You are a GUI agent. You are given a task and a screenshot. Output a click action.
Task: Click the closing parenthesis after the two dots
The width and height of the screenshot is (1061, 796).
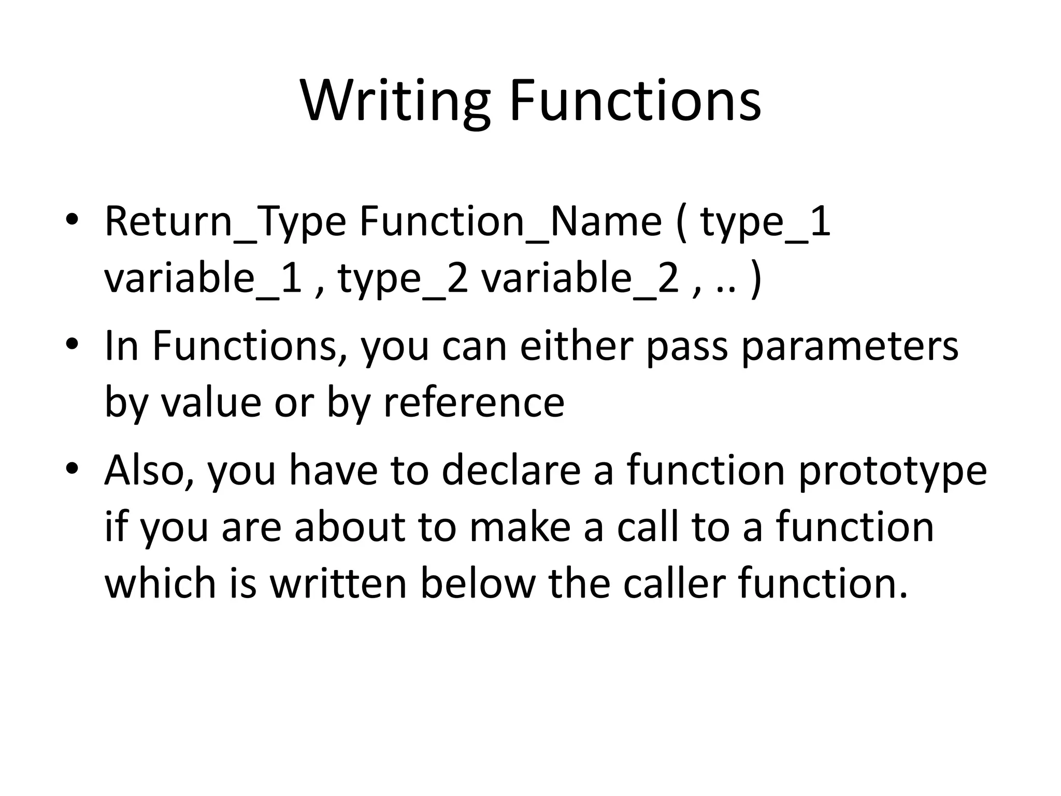pos(756,280)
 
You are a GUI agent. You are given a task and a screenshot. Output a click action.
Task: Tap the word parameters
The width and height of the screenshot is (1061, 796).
pos(850,347)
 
